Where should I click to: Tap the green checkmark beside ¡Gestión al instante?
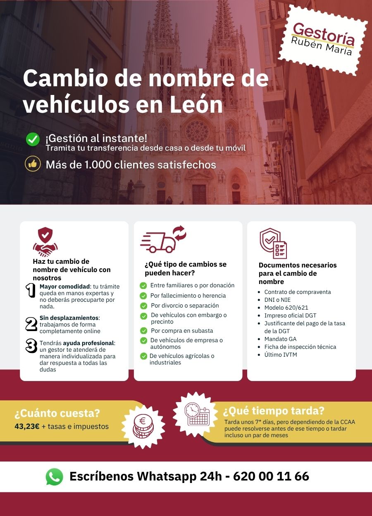(33, 140)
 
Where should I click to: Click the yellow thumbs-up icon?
(33, 164)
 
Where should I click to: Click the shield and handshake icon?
(45, 242)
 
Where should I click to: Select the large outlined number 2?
(31, 324)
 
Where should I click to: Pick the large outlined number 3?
(31, 346)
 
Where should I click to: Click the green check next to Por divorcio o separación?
(143, 306)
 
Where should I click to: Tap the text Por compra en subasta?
(182, 331)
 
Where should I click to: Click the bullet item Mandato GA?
(280, 339)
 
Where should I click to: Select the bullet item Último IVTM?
(281, 355)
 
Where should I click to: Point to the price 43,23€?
(27, 426)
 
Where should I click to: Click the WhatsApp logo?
(54, 477)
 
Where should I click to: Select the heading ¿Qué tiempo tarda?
(274, 411)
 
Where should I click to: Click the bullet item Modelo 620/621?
(286, 308)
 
